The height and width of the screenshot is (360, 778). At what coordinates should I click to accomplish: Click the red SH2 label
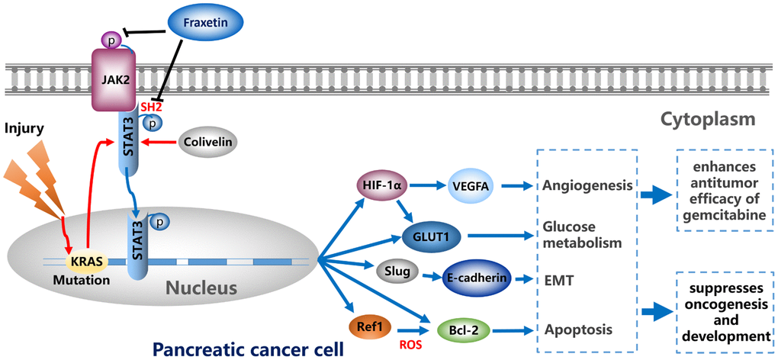click(151, 109)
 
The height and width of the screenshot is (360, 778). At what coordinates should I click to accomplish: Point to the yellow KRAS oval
click(85, 262)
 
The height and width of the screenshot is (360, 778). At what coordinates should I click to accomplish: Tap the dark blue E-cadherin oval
click(476, 279)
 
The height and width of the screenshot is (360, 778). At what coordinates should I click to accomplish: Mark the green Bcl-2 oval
click(461, 330)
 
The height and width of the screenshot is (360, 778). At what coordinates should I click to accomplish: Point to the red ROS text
click(413, 344)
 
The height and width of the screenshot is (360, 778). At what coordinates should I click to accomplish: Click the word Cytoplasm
click(708, 119)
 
